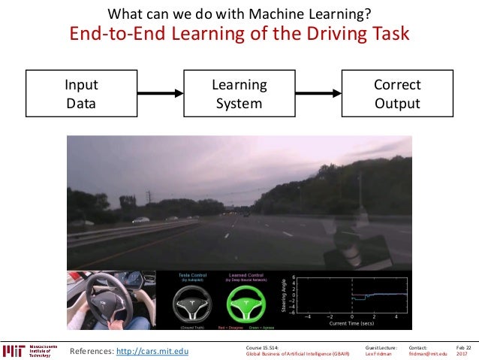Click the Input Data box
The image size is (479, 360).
tap(81, 94)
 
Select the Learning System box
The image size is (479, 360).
tap(239, 94)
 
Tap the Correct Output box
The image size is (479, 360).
tap(397, 94)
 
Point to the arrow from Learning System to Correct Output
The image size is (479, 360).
tap(316, 94)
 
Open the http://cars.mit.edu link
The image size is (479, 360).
tap(153, 350)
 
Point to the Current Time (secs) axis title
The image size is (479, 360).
tap(351, 323)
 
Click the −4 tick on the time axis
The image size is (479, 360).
tap(306, 317)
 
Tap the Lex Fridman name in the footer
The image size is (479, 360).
tap(378, 353)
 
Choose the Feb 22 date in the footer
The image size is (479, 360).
tap(463, 347)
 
